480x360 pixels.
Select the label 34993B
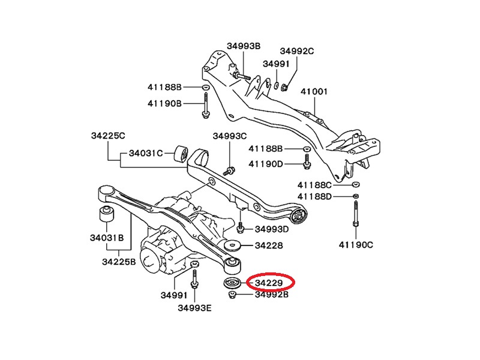(x=244, y=46)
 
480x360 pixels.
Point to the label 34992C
(x=297, y=51)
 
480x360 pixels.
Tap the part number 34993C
(x=229, y=136)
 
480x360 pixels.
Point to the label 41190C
(x=356, y=244)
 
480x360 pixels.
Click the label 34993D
(x=272, y=229)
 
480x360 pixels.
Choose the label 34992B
(x=272, y=295)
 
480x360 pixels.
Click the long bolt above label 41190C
(x=355, y=213)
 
